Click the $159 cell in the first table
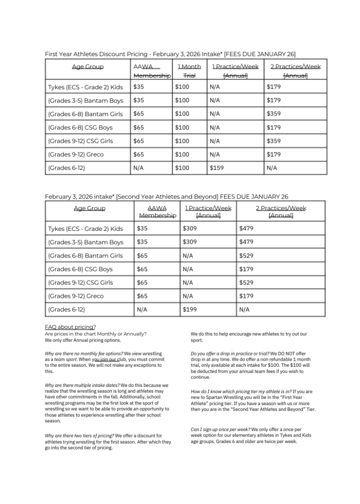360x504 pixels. point(216,168)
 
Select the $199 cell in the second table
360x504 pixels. point(189,310)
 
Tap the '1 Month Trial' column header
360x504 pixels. point(189,71)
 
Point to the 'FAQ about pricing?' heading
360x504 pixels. point(70,327)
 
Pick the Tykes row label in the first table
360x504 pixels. point(85,87)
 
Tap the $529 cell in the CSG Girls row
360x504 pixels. point(247,283)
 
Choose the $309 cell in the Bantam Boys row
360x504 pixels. point(189,242)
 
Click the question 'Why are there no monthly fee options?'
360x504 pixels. point(84,353)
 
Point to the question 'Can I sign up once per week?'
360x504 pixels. point(220,429)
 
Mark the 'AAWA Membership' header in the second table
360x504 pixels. point(157,212)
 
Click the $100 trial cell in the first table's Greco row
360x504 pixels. point(182,155)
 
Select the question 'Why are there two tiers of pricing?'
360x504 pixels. point(79,436)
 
